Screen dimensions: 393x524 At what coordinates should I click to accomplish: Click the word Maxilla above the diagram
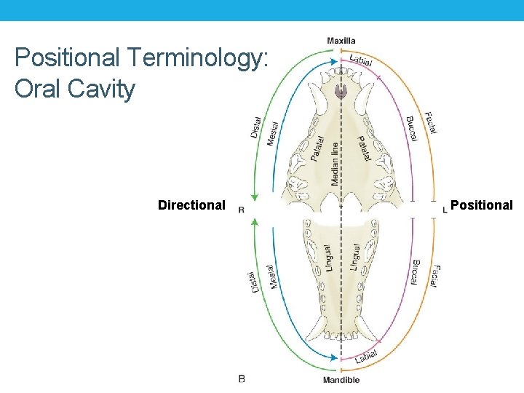[341, 40]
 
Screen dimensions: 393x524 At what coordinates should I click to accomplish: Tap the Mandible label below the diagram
[341, 380]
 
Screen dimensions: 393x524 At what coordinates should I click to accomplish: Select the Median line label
[335, 162]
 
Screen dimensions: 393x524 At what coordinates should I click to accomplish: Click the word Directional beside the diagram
[191, 205]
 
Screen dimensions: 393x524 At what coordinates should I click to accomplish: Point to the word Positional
[482, 205]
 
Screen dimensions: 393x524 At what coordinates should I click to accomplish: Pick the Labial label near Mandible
[367, 356]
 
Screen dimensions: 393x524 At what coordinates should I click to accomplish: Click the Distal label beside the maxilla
[256, 130]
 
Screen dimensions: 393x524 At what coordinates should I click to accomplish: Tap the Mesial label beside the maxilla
[270, 132]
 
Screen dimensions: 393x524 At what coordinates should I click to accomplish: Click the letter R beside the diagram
[241, 210]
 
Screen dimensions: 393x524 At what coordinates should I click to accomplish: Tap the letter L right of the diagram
[445, 210]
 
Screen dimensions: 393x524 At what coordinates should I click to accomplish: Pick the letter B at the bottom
[242, 378]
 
